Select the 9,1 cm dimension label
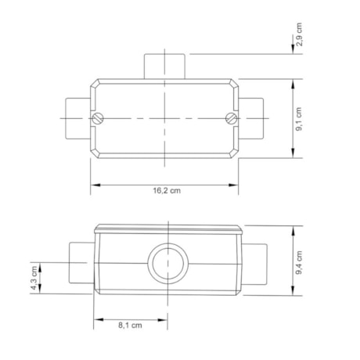(300, 118)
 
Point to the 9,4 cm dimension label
(300, 261)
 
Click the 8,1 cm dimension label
(129, 326)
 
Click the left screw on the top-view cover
(98, 118)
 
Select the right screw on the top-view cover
(231, 118)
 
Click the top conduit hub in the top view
(164, 66)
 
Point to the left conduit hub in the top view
(77, 118)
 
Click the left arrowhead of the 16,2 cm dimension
(93, 185)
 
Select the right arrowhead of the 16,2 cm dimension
(236, 185)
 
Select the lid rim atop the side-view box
(168, 229)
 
